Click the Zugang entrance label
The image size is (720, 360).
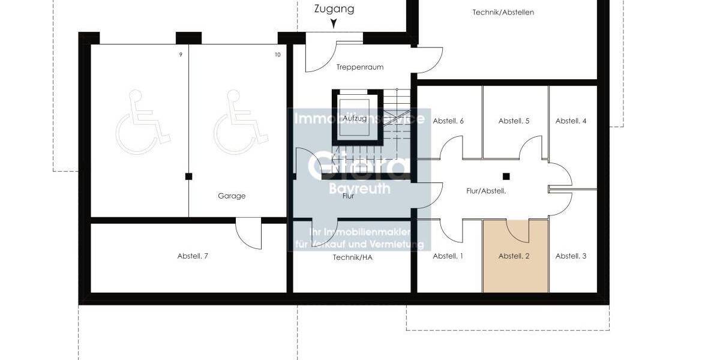334,9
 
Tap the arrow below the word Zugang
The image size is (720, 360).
334,24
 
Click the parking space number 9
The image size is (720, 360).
180,55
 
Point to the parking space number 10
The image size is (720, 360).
277,55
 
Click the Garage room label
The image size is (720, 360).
232,196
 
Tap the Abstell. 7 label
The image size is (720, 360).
193,256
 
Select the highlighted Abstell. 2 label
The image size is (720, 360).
514,256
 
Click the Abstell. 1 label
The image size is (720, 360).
448,256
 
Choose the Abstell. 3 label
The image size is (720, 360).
571,256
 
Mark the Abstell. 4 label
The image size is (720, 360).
571,121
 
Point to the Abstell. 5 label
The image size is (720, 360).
514,121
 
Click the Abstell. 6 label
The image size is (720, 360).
448,121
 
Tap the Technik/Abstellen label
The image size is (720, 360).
503,13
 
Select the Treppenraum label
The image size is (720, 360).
360,67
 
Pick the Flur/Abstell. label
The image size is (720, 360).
487,191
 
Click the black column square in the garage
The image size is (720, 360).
188,176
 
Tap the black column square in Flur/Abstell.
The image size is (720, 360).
506,176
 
